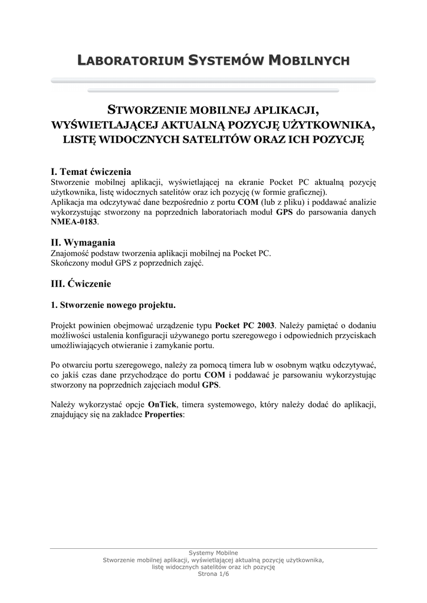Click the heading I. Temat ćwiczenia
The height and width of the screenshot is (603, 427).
[x=91, y=172]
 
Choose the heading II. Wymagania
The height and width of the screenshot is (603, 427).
[x=83, y=243]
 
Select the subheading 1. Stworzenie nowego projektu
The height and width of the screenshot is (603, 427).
[x=113, y=306]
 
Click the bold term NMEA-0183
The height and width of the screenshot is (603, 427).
[x=74, y=223]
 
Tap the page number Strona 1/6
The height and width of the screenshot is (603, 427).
[x=213, y=574]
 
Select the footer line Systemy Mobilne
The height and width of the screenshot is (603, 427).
[x=213, y=553]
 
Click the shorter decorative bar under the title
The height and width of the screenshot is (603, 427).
[x=213, y=91]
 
